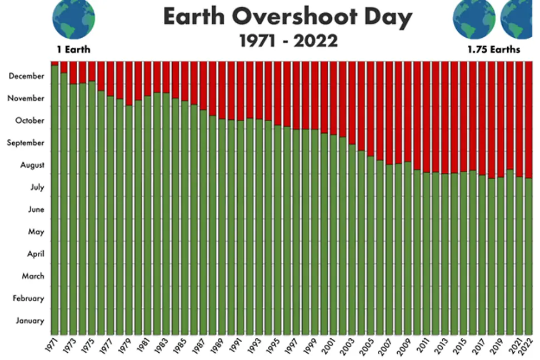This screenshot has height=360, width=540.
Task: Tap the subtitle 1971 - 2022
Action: point(288,41)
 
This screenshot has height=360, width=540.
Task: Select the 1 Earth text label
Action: point(73,49)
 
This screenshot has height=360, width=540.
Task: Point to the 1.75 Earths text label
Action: point(493,49)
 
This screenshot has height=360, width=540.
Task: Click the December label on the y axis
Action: point(26,76)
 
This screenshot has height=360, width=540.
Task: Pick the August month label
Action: point(32,165)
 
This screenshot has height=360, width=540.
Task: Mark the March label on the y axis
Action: point(33,276)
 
